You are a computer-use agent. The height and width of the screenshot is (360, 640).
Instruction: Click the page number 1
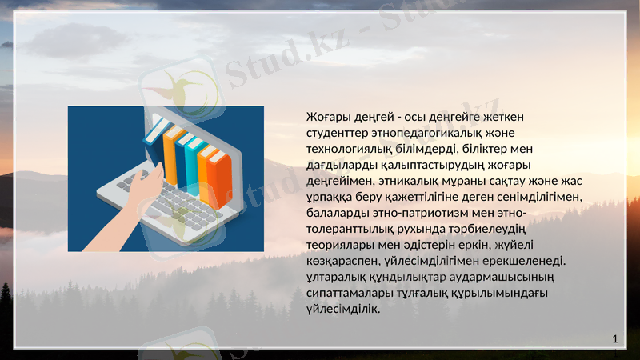point(614,340)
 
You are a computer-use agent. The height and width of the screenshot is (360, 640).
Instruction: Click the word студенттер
point(338,133)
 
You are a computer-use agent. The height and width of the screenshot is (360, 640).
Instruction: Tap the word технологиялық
point(346,149)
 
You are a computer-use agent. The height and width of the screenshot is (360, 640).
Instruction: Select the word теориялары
point(339,245)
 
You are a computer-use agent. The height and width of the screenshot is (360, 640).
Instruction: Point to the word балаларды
point(336,213)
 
